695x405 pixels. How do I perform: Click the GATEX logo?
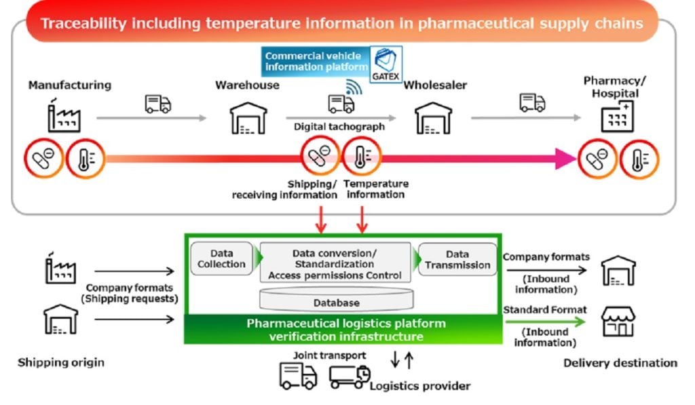click(x=386, y=64)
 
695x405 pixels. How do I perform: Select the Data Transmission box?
click(x=457, y=258)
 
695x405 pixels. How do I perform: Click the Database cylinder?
click(x=336, y=301)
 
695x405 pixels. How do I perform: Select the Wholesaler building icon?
click(x=433, y=118)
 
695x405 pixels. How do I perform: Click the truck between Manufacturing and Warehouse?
click(x=157, y=104)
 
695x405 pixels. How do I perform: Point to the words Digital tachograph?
click(x=339, y=127)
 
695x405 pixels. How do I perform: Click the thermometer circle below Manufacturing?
click(x=86, y=159)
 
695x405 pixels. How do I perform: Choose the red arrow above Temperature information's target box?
click(x=363, y=218)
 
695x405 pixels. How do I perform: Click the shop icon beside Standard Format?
click(x=618, y=322)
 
